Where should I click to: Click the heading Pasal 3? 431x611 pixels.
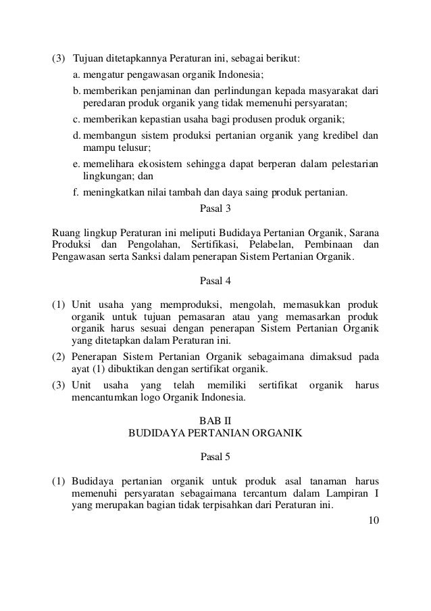point(215,209)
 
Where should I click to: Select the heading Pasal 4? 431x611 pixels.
point(215,281)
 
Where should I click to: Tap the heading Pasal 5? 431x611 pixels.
point(215,456)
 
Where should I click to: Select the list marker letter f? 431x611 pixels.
point(75,192)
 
